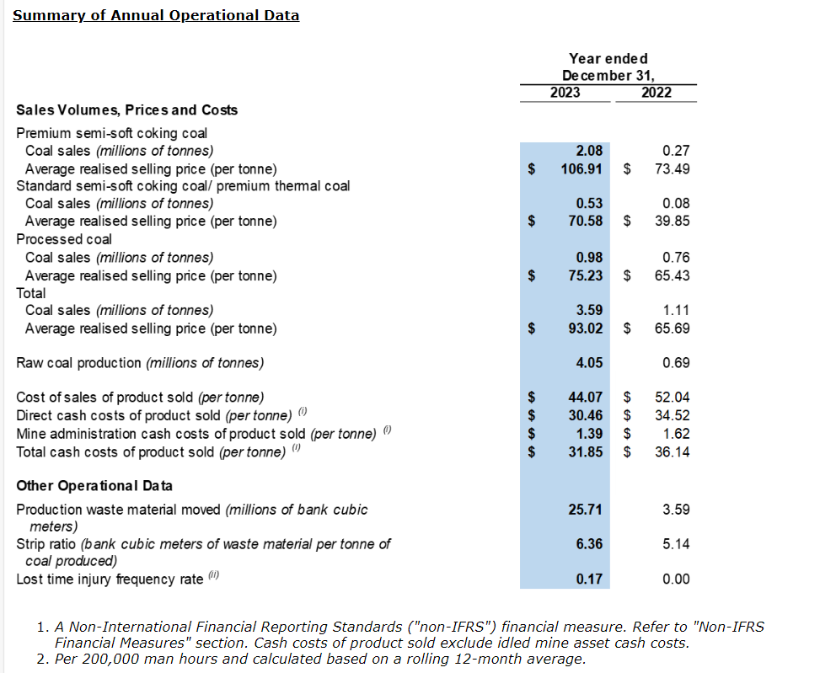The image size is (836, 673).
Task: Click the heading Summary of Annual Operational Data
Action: [156, 15]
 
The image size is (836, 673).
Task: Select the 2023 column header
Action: [565, 93]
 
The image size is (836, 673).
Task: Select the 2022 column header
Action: [656, 93]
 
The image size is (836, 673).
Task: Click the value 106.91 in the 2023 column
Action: [582, 168]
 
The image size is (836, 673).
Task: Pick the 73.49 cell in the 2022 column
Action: [672, 168]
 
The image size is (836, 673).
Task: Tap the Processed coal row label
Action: [64, 239]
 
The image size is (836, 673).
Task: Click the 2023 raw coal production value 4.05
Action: [589, 363]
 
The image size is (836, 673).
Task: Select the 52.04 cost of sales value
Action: [672, 397]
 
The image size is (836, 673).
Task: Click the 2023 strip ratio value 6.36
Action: [589, 544]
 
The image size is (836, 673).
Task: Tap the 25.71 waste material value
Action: [586, 510]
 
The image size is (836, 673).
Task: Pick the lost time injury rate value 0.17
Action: [589, 579]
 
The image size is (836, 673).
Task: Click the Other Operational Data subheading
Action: [94, 486]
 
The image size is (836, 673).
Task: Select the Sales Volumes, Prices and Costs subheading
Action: [127, 110]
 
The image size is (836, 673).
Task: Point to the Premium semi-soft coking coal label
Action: [112, 133]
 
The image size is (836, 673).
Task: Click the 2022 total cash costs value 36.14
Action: [672, 452]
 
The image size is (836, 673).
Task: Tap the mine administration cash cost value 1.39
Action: [589, 434]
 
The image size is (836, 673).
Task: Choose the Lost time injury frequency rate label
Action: [110, 580]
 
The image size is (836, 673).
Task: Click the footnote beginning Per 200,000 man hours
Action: [320, 659]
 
